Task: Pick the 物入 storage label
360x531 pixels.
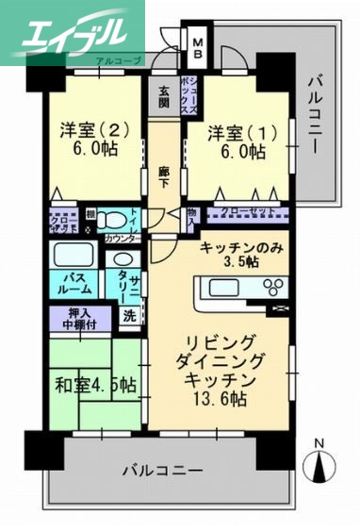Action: (192, 216)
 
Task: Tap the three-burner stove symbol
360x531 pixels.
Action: (274, 288)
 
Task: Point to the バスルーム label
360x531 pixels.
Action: (71, 284)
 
